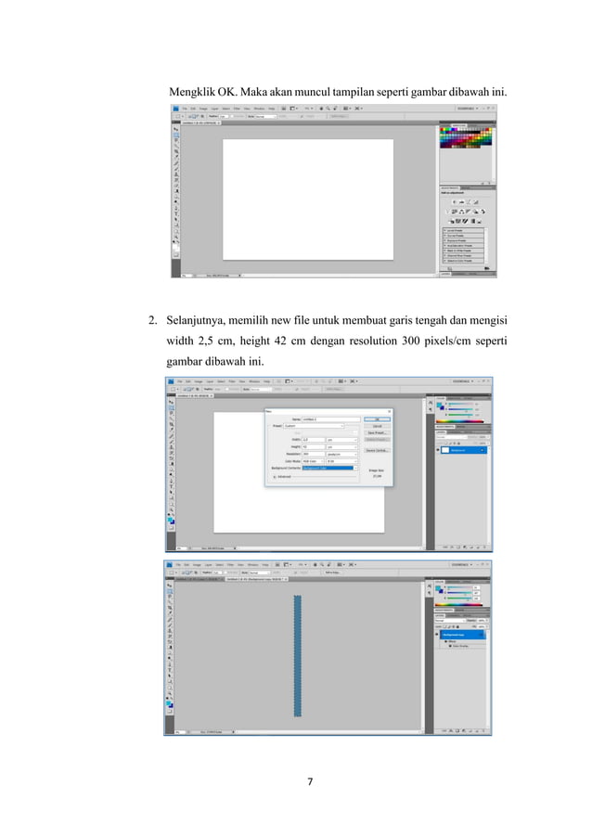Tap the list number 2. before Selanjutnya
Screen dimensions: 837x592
153,322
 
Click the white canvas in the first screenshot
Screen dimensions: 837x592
307,199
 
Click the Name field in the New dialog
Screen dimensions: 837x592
325,419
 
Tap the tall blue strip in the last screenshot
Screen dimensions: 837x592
298,655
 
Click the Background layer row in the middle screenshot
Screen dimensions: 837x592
462,450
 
